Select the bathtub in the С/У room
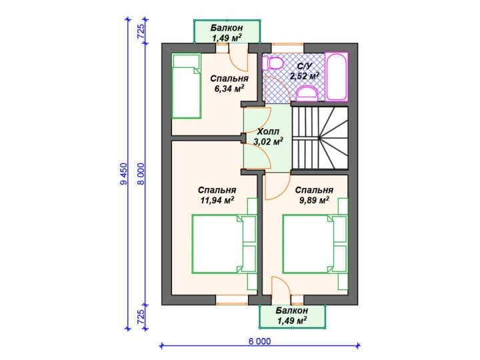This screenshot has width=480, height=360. (337, 77)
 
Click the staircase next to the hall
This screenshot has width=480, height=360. (320, 138)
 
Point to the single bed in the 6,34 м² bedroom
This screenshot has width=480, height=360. (186, 86)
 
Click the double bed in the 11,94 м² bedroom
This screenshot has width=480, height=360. (224, 244)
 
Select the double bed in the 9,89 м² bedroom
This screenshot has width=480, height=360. (315, 244)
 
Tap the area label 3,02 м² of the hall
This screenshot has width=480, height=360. (268, 141)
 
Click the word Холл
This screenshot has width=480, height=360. (268, 131)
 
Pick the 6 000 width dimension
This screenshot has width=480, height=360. (259, 341)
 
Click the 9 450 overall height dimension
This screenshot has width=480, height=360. (124, 174)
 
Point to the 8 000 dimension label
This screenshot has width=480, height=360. (141, 174)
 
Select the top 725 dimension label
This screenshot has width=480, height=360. (141, 31)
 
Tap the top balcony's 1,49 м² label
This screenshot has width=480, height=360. (227, 38)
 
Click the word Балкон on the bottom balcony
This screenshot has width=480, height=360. (292, 311)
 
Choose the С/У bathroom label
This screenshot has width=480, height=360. (305, 66)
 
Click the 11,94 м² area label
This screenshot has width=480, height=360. (217, 200)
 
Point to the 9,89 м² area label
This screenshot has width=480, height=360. (314, 200)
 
